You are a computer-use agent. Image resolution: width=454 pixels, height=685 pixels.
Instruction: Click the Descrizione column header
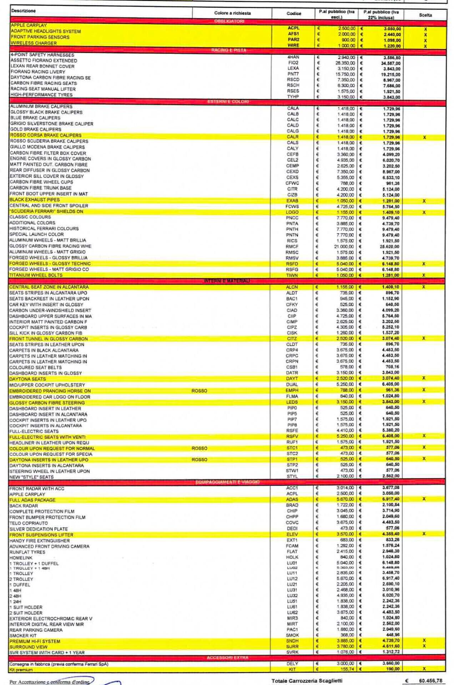[x=24, y=11]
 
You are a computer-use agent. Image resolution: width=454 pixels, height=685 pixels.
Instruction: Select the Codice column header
[x=294, y=14]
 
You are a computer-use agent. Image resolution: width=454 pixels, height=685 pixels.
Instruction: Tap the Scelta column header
[x=425, y=15]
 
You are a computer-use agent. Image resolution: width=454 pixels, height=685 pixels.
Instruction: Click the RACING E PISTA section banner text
[x=228, y=50]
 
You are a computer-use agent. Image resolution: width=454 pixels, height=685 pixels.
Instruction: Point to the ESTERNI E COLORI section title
[x=228, y=102]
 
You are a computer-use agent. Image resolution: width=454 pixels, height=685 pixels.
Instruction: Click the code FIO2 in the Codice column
[x=293, y=63]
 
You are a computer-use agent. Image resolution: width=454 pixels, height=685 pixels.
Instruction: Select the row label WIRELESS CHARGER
[x=34, y=43]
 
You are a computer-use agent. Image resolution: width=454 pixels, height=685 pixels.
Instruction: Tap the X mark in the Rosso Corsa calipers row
[x=424, y=137]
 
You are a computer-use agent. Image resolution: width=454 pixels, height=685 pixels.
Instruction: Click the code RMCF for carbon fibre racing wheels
[x=292, y=247]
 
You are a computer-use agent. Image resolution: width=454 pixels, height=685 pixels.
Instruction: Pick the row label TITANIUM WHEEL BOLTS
[x=36, y=275]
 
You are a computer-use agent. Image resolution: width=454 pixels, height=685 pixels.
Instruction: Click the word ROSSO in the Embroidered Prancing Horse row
[x=199, y=391]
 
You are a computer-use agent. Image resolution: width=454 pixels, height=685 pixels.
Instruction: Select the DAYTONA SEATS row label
[x=27, y=379]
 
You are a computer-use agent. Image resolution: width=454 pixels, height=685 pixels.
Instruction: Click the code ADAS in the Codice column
[x=292, y=499]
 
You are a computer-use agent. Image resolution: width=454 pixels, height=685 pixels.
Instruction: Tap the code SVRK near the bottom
[x=292, y=652]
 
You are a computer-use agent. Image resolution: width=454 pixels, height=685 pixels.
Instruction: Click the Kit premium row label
[x=21, y=670]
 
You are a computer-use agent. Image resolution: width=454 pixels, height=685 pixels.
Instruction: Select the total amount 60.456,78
[x=430, y=681]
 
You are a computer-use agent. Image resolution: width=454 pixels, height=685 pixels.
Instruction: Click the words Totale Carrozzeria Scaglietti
[x=307, y=681]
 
